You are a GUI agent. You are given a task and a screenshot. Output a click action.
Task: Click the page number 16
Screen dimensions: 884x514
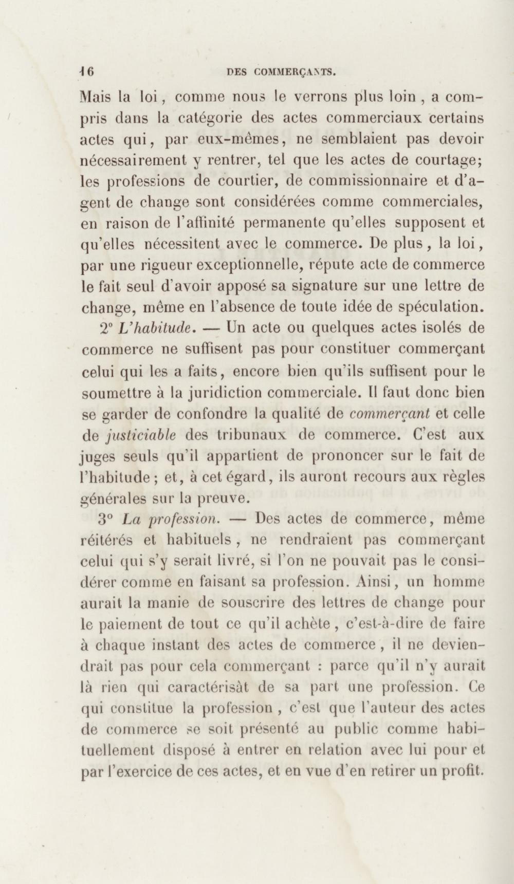[86, 72]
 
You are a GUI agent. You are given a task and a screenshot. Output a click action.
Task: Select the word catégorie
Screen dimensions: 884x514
[208, 118]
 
